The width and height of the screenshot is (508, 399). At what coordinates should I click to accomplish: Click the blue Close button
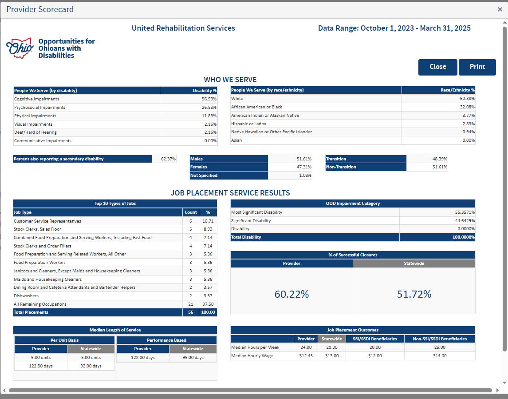coord(437,67)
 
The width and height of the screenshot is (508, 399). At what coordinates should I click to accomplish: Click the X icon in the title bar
coord(500,9)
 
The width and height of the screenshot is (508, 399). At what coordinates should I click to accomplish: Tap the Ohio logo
coord(20,48)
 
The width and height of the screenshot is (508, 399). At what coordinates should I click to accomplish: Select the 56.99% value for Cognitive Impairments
coord(209,99)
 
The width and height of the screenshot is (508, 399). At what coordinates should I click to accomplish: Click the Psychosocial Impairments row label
coord(39,108)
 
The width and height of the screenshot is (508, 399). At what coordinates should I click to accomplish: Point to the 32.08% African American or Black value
coord(467,107)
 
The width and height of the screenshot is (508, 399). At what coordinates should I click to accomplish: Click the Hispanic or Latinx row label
coord(248,124)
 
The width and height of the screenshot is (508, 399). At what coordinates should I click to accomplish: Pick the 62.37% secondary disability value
coord(168,159)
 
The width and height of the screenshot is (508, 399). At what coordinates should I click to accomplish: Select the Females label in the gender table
coord(199,167)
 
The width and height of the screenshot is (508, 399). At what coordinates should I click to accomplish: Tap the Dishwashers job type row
coord(26,296)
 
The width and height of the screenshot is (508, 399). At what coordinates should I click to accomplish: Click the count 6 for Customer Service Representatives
coord(191,221)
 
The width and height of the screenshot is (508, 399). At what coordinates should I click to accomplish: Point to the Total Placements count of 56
coord(191,312)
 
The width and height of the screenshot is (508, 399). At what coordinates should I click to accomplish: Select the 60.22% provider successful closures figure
coord(291,294)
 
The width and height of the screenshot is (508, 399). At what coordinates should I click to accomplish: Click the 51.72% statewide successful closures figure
coord(414,294)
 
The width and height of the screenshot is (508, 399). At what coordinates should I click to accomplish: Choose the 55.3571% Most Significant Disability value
coord(465,212)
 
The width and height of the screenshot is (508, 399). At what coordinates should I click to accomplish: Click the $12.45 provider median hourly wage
coord(306,356)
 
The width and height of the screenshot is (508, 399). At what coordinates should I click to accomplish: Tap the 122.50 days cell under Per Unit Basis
coord(40,366)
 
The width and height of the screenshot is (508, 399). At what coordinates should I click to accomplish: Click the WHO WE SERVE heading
coord(230,80)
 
